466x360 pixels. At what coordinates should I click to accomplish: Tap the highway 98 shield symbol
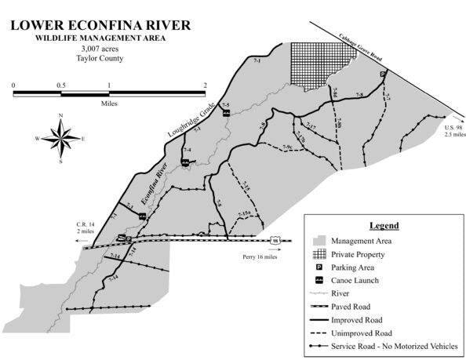pos(274,239)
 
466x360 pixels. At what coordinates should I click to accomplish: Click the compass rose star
pos(60,139)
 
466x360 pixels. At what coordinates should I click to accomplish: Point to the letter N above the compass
pos(60,116)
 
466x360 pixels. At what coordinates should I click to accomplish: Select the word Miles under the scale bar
pos(109,103)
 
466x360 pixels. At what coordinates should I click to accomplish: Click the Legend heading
pos(384,225)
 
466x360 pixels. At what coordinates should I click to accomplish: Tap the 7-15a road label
pos(242,213)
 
